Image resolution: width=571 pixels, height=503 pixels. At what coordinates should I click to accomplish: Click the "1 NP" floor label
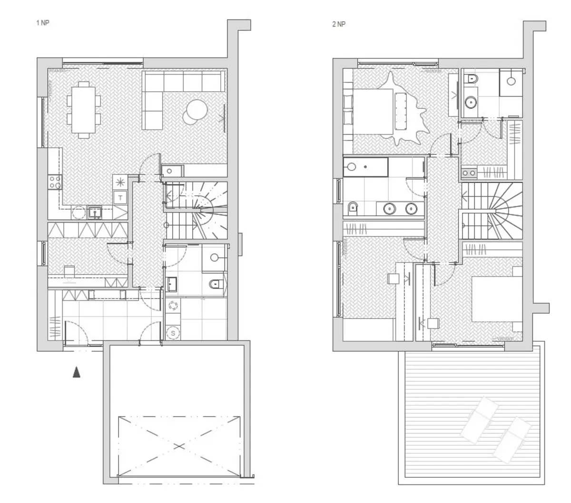pos(42,23)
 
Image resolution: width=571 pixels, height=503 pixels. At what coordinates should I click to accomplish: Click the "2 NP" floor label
pos(338,24)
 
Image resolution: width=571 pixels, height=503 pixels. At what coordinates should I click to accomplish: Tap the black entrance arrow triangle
pos(77,372)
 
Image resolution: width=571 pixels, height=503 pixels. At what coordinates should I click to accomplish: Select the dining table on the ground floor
pos(83,109)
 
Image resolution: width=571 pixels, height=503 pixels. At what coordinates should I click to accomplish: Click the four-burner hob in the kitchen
pos(55,182)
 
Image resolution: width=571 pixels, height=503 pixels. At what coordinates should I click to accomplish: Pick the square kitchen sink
pos(95,213)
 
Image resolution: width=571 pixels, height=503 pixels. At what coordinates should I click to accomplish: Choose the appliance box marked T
pos(120,197)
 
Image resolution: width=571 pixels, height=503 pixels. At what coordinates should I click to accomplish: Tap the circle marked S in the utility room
pos(173,333)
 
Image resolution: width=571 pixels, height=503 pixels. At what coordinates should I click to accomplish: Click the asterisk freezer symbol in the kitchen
pos(120,182)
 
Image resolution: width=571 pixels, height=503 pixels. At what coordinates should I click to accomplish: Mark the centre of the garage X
pos(179,446)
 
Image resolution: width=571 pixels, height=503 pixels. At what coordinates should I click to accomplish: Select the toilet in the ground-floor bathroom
pos(217,284)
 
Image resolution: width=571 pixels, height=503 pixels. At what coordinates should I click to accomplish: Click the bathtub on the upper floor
pos(365,167)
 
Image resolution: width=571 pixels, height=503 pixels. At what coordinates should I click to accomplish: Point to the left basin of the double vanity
pos(390,209)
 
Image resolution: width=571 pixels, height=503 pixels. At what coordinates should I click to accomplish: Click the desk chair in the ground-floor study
pos(69,272)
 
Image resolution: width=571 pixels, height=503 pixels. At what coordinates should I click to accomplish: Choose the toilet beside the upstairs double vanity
pos(353,208)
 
